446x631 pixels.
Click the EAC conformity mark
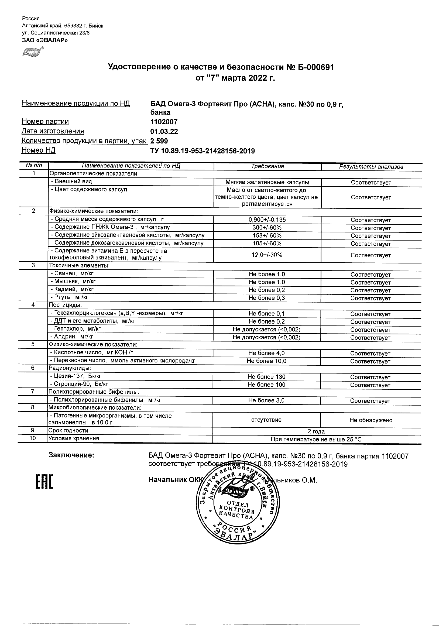44,482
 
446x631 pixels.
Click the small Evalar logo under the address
33,52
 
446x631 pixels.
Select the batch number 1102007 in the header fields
164,122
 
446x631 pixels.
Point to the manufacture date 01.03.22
164,131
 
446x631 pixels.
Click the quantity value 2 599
159,141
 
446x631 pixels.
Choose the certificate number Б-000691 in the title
316,67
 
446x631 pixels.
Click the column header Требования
267,166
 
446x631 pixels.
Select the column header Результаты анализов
371,167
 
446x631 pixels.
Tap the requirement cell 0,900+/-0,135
267,220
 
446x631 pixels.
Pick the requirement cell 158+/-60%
267,235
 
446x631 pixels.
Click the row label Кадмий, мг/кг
72,289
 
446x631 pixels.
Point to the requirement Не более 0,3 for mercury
267,298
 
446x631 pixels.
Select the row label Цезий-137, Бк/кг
76,376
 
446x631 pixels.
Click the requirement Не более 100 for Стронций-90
266,385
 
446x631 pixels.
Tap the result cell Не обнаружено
371,420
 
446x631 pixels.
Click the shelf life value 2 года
316,431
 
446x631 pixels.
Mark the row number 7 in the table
33,392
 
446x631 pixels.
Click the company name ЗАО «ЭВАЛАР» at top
45,40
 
